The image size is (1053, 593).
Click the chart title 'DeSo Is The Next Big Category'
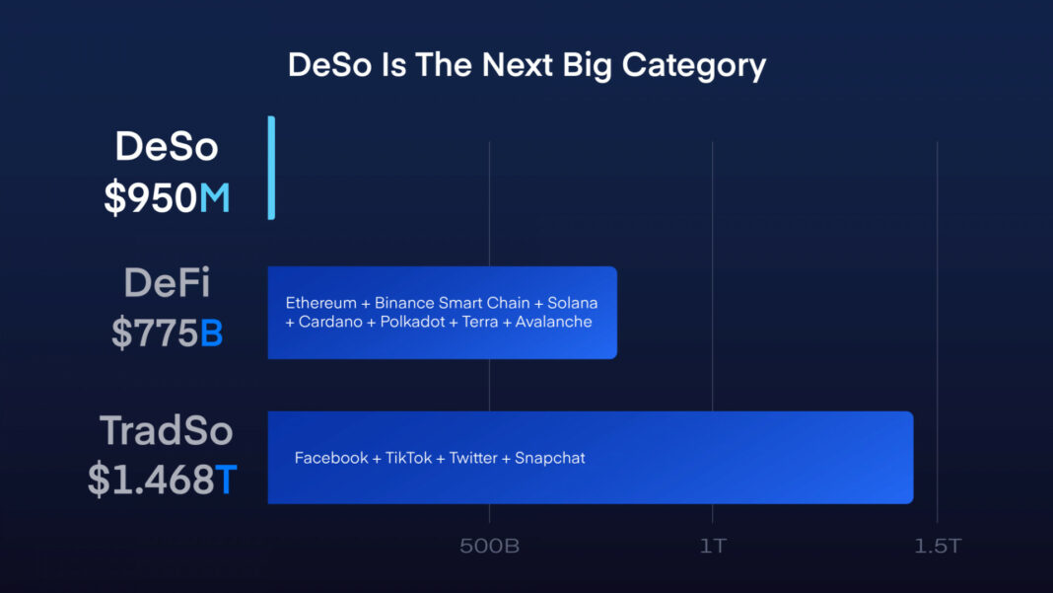[x=526, y=65]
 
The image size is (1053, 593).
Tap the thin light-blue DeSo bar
[x=271, y=168]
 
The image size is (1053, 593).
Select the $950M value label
[x=167, y=198]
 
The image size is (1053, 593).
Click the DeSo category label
[x=167, y=146]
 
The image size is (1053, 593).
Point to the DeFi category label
[x=167, y=283]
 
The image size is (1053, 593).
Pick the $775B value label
[x=167, y=334]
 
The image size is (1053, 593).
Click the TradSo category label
[x=166, y=430]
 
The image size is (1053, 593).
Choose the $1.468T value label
[x=163, y=480]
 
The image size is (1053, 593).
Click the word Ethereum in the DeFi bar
[x=320, y=303]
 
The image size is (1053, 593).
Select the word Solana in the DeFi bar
[x=572, y=303]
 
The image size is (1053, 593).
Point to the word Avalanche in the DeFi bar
[x=554, y=322]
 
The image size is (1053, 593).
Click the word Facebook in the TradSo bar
[x=331, y=458]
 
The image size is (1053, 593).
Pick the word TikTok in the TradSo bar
[x=408, y=458]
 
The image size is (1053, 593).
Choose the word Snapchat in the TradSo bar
[x=550, y=458]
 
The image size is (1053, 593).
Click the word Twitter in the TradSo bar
[x=473, y=458]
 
